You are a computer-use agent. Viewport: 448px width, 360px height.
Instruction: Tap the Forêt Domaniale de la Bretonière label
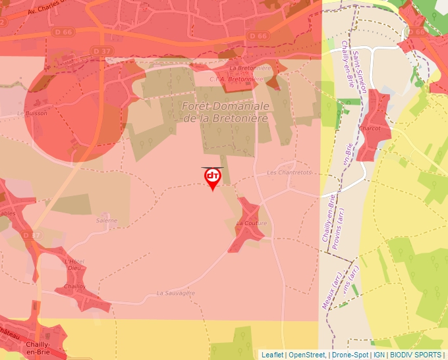pos(225,112)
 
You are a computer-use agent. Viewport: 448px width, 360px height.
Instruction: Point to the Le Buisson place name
pos(32,113)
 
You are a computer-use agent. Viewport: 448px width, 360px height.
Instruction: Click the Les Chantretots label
pos(289,172)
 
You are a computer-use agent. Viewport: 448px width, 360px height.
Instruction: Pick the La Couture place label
pos(251,223)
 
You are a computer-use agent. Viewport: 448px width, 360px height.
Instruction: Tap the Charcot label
pos(370,128)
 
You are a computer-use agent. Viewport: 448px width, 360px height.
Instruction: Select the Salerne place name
pos(106,220)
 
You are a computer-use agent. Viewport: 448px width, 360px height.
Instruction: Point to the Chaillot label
pos(75,287)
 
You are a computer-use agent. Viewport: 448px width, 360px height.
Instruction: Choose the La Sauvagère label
pos(176,293)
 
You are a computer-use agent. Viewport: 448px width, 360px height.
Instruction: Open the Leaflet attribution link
pos(272,355)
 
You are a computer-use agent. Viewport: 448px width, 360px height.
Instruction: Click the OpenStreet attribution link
pos(306,355)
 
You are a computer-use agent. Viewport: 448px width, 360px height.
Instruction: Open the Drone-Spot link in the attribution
pos(349,355)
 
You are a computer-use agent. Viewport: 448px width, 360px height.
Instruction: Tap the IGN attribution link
pos(379,355)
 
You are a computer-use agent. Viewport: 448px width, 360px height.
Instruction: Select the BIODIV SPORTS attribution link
pos(415,355)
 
